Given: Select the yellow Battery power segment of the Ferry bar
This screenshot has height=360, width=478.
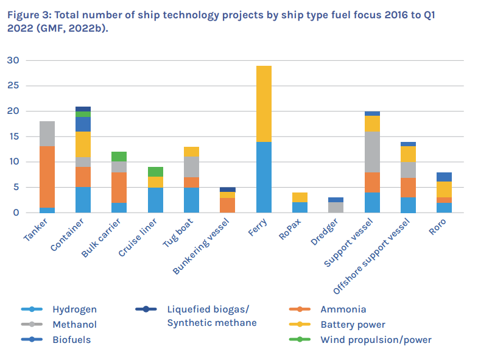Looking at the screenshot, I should tap(264, 104).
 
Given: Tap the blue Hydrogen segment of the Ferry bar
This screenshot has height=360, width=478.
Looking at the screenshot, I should tap(264, 177).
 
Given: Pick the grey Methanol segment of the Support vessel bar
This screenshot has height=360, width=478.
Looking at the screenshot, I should tap(372, 152).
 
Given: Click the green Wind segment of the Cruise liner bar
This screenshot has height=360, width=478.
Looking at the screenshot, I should tap(156, 172).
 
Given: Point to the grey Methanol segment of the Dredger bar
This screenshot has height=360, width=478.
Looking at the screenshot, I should tap(336, 207).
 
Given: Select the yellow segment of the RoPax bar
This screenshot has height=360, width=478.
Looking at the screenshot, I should tap(300, 197).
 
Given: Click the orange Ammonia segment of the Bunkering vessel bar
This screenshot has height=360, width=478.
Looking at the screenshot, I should tap(228, 205).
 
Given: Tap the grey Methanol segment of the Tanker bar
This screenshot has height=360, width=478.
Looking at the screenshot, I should tap(47, 133).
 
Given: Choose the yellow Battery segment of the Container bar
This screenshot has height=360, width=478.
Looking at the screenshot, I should tap(83, 144).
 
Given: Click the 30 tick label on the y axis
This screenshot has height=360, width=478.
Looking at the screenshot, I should tap(13, 60).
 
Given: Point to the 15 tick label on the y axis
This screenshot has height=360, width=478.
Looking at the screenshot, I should tap(13, 136).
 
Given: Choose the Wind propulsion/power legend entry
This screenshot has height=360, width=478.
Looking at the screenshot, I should tap(376, 339).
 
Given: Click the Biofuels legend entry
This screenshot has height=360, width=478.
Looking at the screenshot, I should tap(71, 339).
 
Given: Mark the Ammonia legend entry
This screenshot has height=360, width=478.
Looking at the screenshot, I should tap(343, 309).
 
